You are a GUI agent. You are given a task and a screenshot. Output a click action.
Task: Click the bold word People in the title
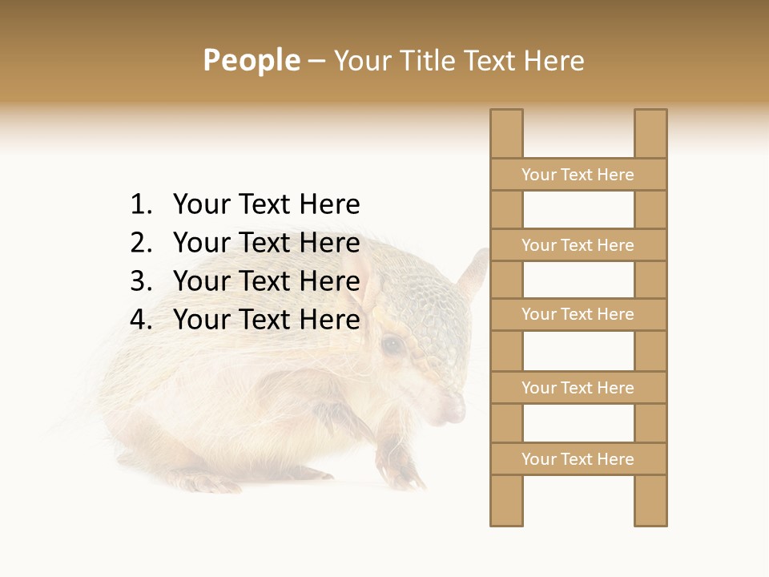pyautogui.click(x=251, y=60)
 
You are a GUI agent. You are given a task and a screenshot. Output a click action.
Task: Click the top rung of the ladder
pyautogui.click(x=578, y=175)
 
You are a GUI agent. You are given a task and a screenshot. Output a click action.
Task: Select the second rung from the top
pyautogui.click(x=578, y=245)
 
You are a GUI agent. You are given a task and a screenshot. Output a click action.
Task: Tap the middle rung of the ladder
pyautogui.click(x=578, y=314)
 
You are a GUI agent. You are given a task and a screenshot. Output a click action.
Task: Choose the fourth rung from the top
pyautogui.click(x=578, y=388)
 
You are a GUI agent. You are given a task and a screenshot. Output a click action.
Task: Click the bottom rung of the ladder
pyautogui.click(x=578, y=459)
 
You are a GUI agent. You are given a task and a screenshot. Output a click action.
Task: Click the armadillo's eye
pyautogui.click(x=392, y=345)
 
